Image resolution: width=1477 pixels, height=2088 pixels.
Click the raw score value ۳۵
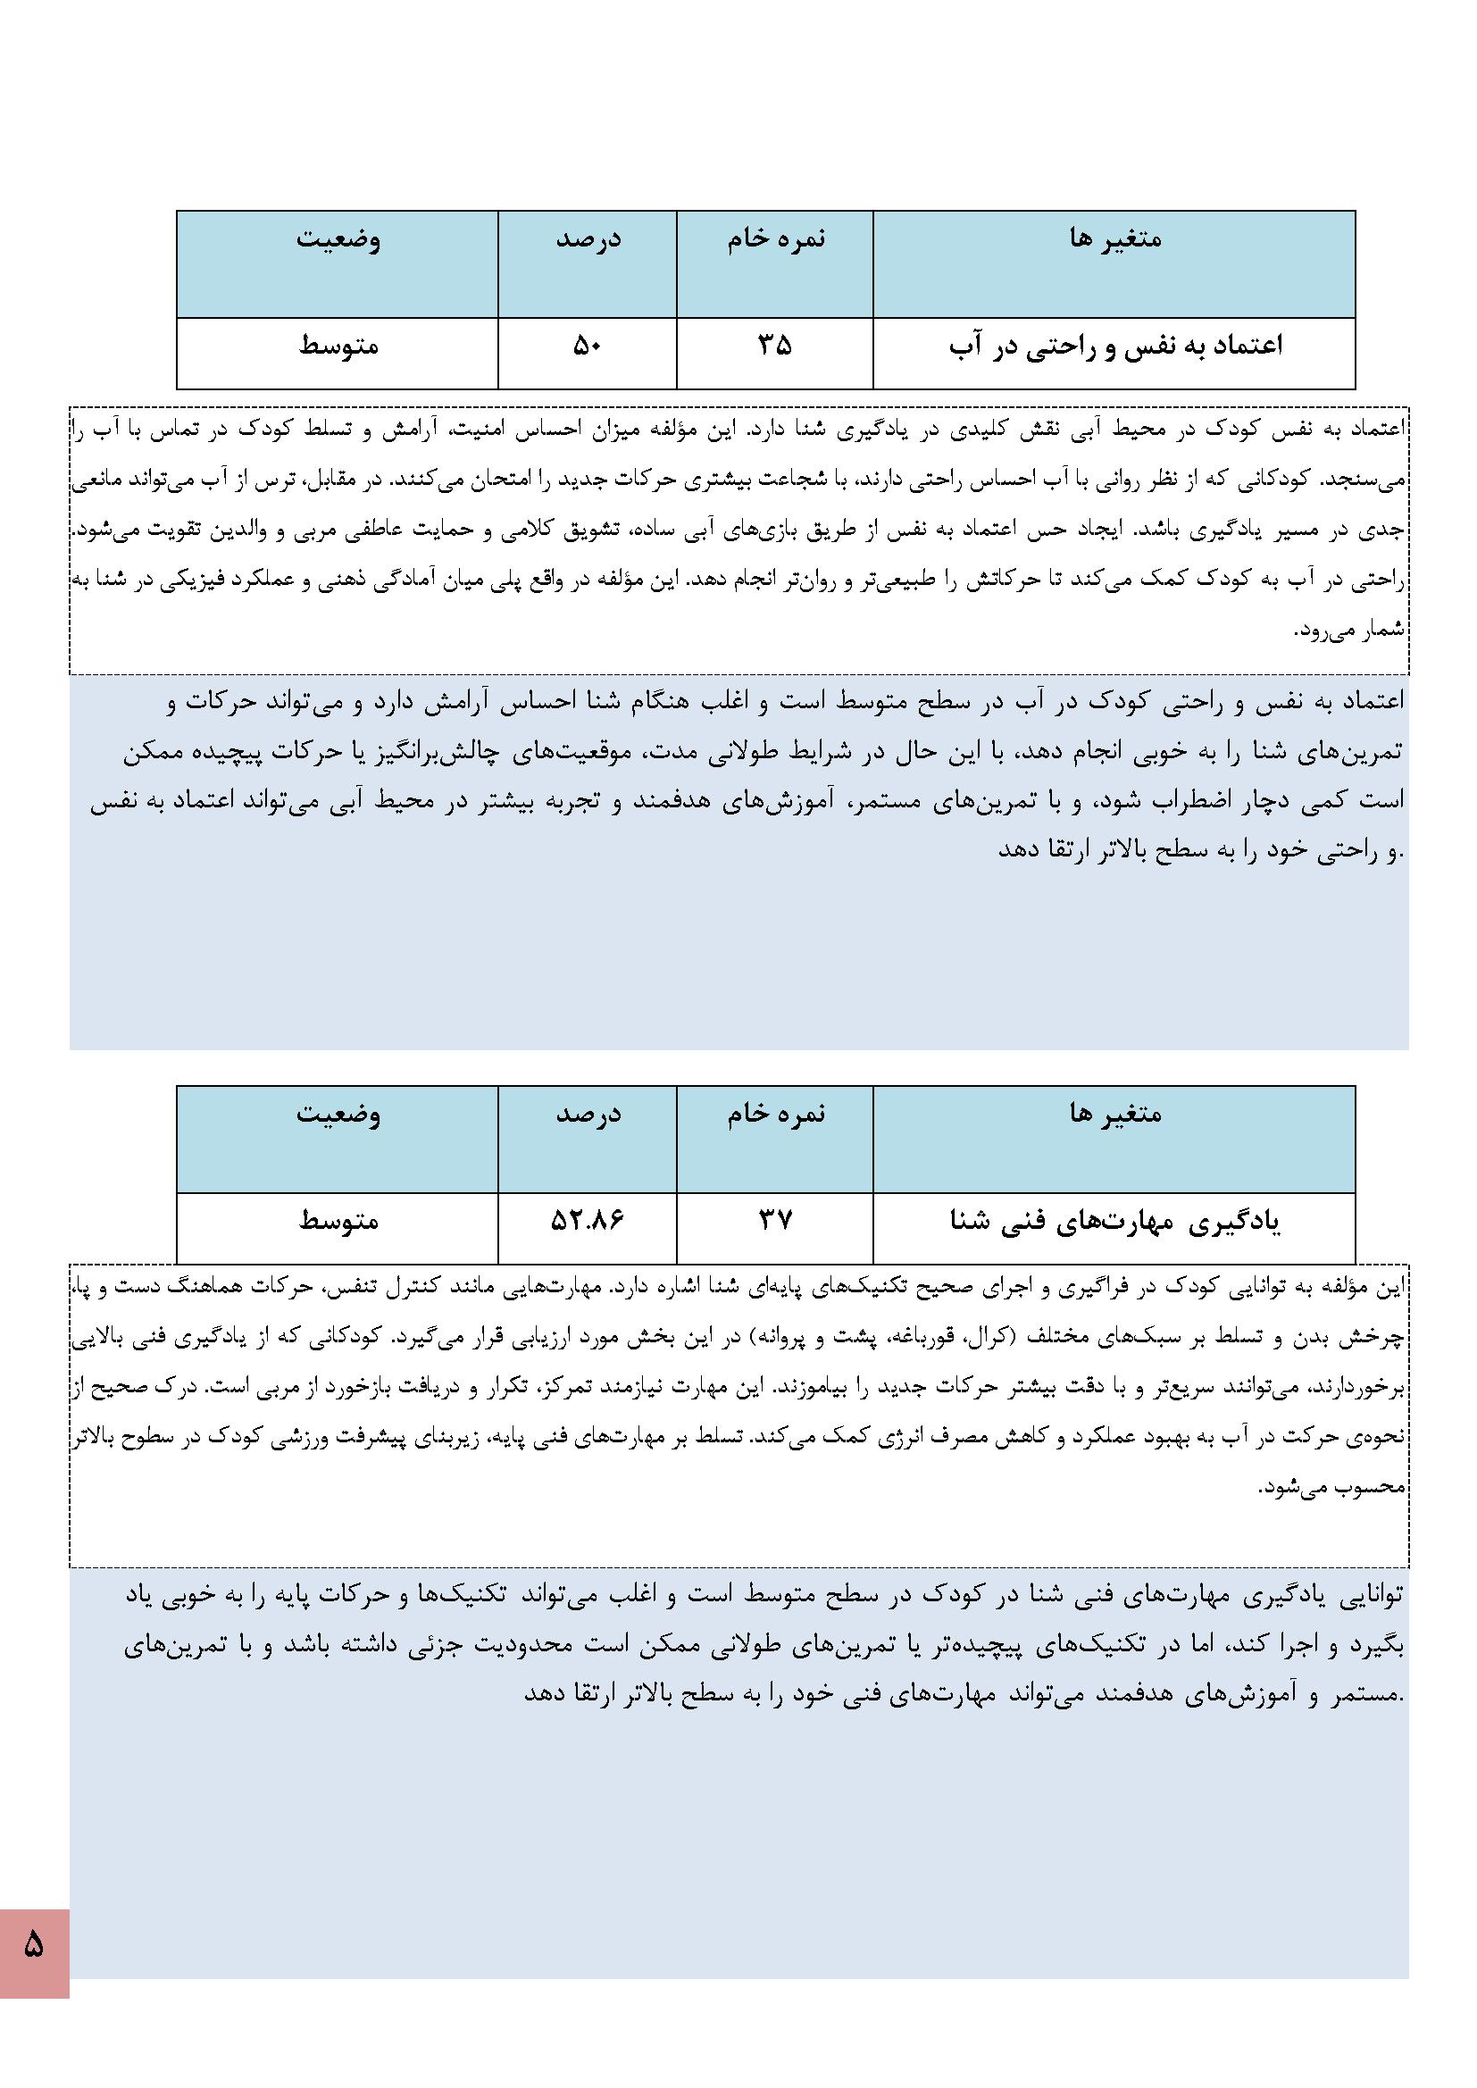pyautogui.click(x=775, y=346)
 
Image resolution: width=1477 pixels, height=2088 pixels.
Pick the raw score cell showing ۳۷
pyautogui.click(x=775, y=1220)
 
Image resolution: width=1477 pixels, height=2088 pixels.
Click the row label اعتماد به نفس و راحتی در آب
pyautogui.click(x=1115, y=346)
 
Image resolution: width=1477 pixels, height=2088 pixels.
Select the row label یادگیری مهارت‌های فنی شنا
pyautogui.click(x=1115, y=1221)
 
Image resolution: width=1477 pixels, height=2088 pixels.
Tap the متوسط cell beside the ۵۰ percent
pyautogui.click(x=338, y=346)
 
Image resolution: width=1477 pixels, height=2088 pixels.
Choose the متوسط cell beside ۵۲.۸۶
pyautogui.click(x=338, y=1220)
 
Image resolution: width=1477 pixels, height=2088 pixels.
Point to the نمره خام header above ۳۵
pyautogui.click(x=775, y=238)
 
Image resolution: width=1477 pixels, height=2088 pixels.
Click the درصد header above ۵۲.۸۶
pyautogui.click(x=588, y=1113)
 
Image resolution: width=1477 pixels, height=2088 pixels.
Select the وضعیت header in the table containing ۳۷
pyautogui.click(x=338, y=1113)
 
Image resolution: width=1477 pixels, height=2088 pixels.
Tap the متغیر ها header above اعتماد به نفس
pyautogui.click(x=1115, y=238)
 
